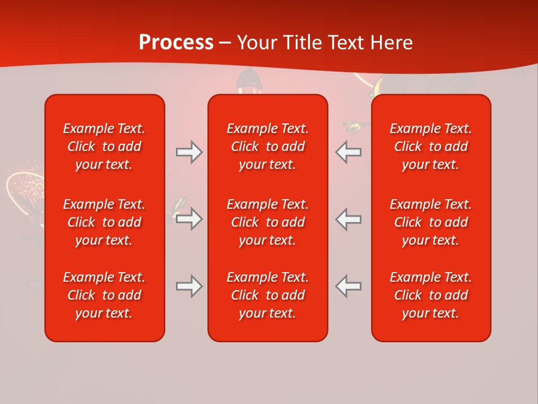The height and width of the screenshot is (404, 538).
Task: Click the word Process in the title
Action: pyautogui.click(x=176, y=43)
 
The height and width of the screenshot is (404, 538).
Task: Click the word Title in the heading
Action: pyautogui.click(x=303, y=43)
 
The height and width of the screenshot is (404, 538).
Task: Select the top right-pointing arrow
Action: pyautogui.click(x=189, y=152)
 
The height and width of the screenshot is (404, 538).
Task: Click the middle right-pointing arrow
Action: pyautogui.click(x=189, y=219)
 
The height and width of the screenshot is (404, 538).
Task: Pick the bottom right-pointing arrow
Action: pyautogui.click(x=189, y=286)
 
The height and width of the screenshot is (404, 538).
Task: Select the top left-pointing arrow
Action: pyautogui.click(x=348, y=152)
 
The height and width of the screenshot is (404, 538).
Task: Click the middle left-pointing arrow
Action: pyautogui.click(x=348, y=219)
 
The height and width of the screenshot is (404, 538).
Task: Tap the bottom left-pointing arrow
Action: pyautogui.click(x=348, y=286)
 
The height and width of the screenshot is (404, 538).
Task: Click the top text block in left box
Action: pyautogui.click(x=104, y=146)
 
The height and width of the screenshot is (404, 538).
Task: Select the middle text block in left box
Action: pyautogui.click(x=104, y=222)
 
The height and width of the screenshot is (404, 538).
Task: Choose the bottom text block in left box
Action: pyautogui.click(x=104, y=295)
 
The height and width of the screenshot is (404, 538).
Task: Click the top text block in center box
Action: pyautogui.click(x=267, y=146)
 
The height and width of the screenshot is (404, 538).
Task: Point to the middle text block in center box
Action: pyautogui.click(x=267, y=222)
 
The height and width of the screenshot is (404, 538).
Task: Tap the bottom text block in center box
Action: pyautogui.click(x=267, y=295)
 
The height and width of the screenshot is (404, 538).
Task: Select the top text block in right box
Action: pyautogui.click(x=430, y=146)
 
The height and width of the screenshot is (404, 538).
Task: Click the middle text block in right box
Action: pyautogui.click(x=430, y=222)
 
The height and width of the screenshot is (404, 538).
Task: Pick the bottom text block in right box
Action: pyautogui.click(x=430, y=295)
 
